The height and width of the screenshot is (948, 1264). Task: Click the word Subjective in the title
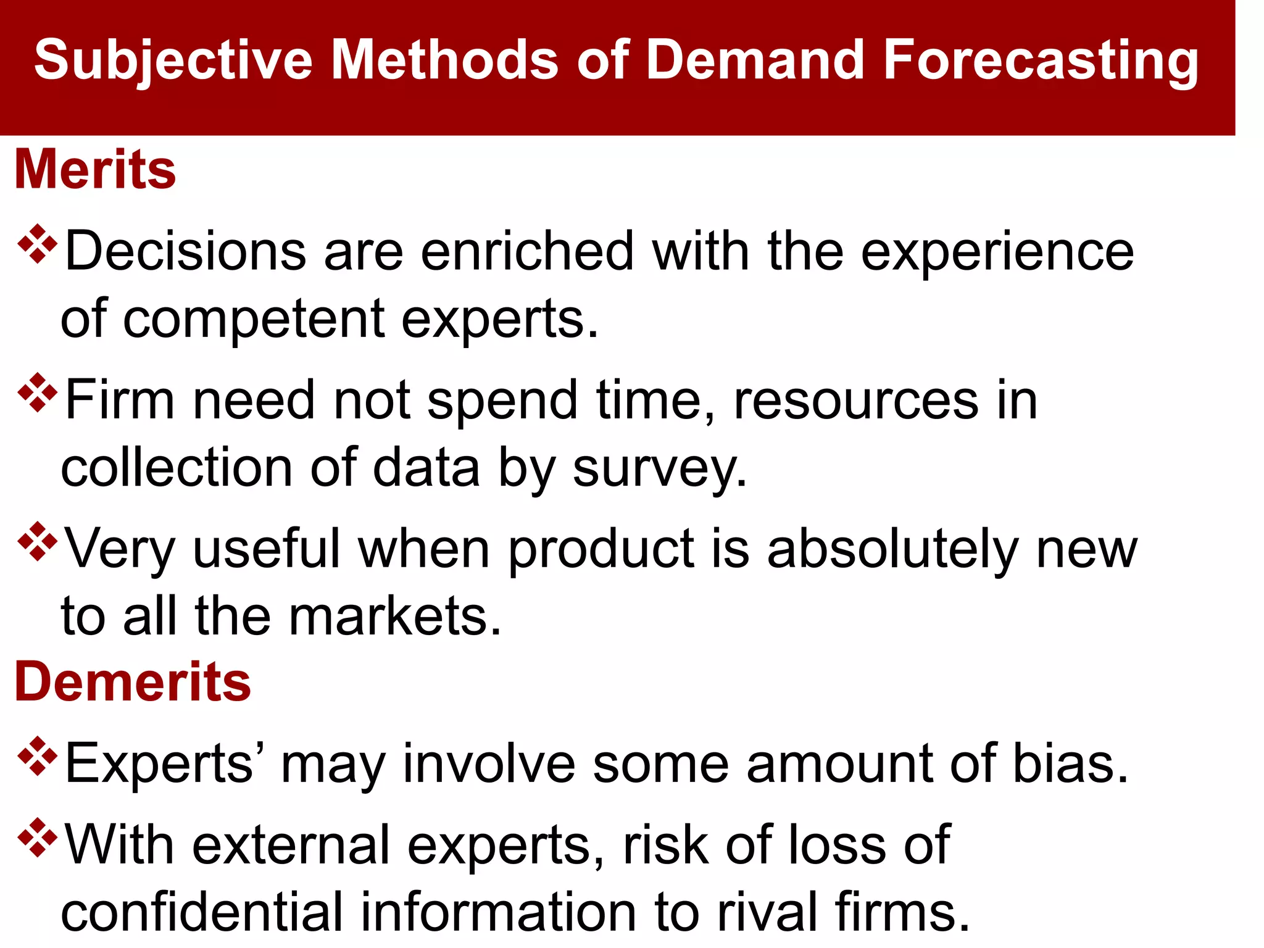173,60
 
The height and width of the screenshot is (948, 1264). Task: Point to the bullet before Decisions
38,244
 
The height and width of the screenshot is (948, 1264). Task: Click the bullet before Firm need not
38,393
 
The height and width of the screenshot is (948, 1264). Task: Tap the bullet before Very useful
38,541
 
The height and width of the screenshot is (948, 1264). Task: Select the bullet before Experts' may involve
38,756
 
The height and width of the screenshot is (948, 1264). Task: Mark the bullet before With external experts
38,838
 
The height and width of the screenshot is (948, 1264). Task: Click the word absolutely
892,549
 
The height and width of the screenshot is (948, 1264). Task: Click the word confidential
201,912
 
